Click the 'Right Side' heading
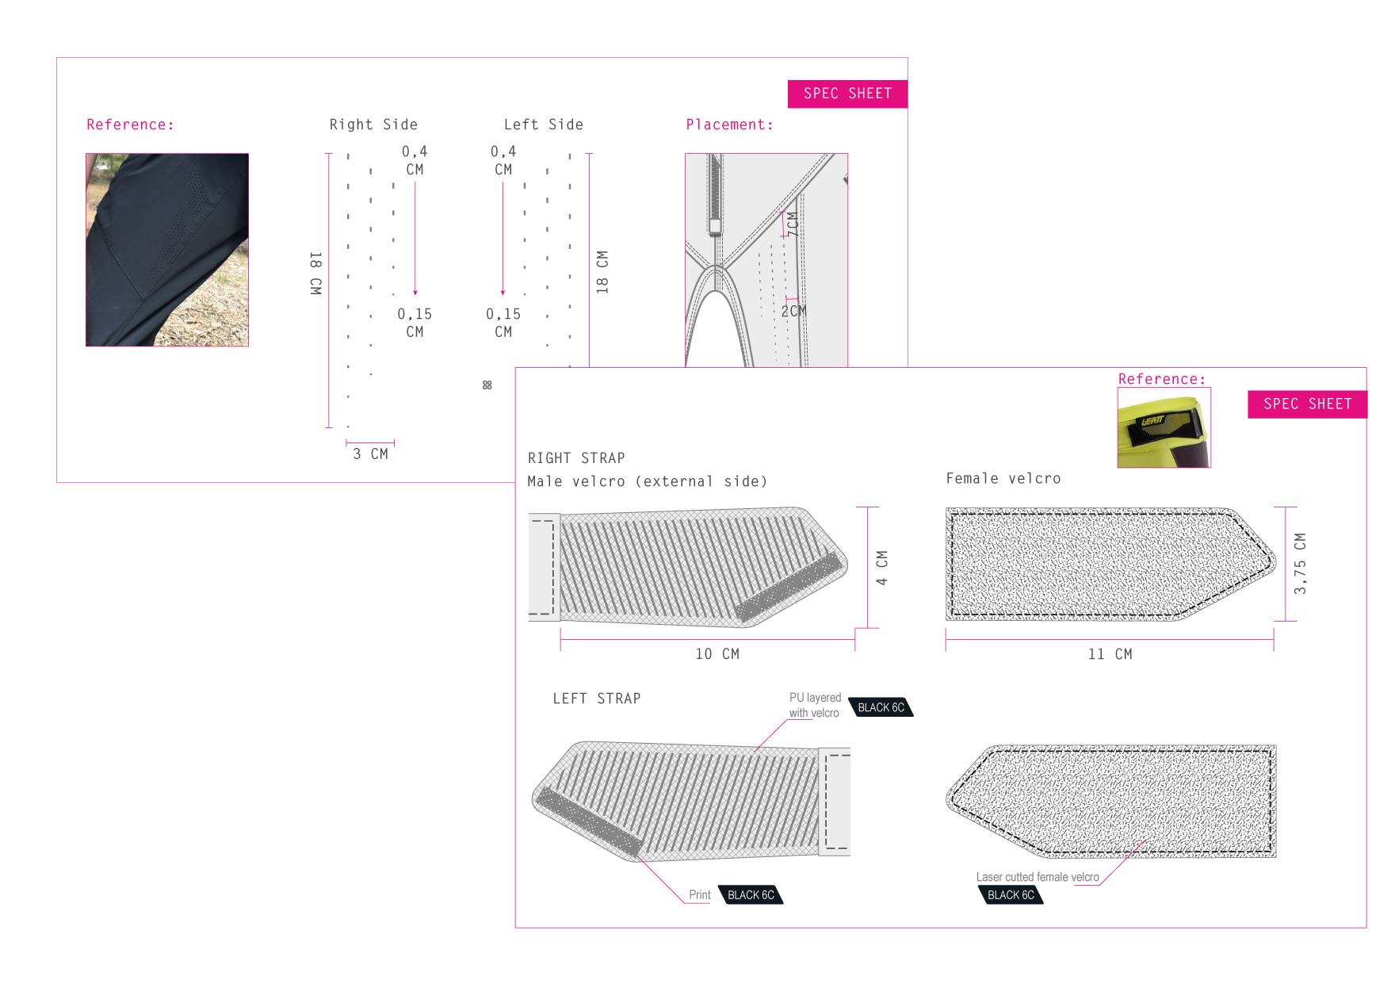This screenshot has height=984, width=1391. (373, 124)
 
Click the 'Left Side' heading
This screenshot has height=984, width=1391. (544, 124)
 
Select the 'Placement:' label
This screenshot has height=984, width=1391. (729, 124)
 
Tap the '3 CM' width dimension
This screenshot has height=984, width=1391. (370, 454)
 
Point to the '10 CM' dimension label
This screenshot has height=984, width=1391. (717, 654)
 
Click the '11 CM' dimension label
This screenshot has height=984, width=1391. (1110, 654)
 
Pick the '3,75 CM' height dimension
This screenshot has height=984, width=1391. (1300, 564)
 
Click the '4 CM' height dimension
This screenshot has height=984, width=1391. (882, 568)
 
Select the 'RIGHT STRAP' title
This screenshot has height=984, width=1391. (576, 458)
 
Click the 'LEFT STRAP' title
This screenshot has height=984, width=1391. (597, 699)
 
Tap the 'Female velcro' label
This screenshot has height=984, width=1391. (1003, 478)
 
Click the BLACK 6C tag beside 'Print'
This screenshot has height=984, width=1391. (751, 895)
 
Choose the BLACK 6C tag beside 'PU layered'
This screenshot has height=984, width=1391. (881, 707)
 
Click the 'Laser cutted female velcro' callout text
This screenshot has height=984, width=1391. (1038, 877)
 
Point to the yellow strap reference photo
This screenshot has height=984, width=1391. (1164, 427)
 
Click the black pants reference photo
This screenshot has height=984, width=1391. (167, 250)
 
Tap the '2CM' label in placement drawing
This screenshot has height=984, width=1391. (793, 311)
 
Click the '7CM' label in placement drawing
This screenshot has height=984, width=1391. (792, 224)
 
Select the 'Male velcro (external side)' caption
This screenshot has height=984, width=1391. (648, 481)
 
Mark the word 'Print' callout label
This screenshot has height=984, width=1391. (700, 895)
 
